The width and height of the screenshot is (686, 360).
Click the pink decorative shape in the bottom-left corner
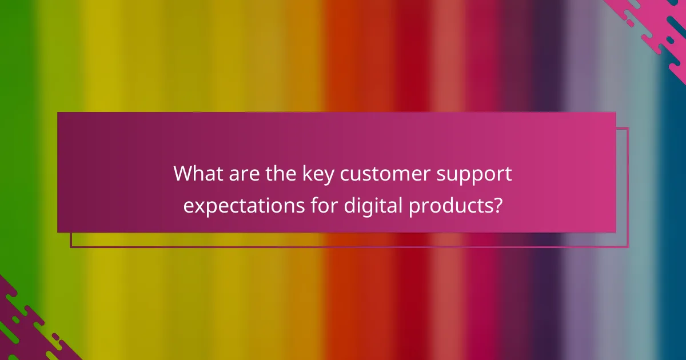click(23, 331)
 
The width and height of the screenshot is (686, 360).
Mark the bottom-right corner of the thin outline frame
click(628, 247)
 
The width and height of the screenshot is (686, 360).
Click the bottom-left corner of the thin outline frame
click(71, 247)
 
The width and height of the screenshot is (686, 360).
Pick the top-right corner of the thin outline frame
click(628, 128)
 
